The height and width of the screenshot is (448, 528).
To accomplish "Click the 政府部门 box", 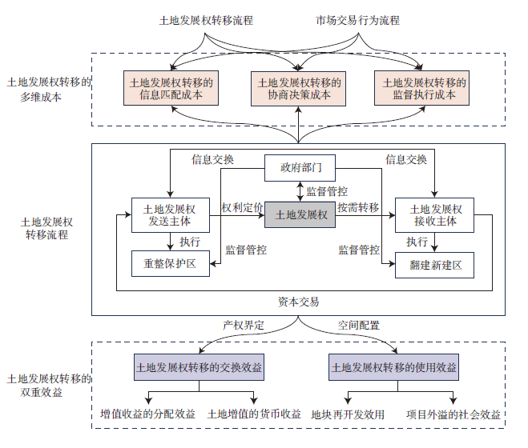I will tap(300, 168).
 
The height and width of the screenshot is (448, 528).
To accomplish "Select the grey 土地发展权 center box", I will tap(300, 214).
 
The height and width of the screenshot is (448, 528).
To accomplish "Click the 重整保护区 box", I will tap(169, 262).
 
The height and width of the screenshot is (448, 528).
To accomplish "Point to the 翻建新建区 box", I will tap(434, 263).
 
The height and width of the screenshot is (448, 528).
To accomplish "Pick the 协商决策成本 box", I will tap(299, 88).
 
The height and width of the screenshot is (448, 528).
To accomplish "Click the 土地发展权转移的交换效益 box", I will tap(199, 368).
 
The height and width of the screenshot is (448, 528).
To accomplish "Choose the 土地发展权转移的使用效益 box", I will tap(393, 368).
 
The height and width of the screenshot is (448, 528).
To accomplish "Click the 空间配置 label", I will tap(358, 326).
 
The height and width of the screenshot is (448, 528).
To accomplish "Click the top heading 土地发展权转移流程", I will tap(206, 21).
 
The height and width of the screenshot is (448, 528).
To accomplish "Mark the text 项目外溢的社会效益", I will tap(453, 414).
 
